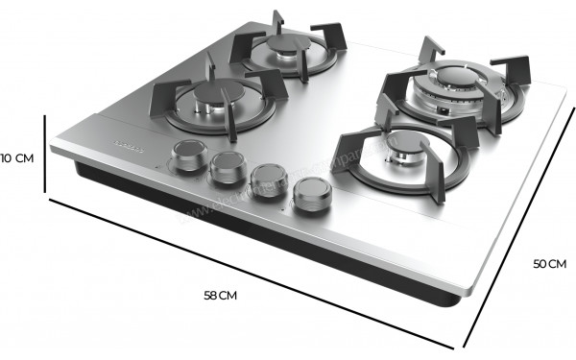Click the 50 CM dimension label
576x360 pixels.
(x=550, y=263)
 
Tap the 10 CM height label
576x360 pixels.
(x=17, y=157)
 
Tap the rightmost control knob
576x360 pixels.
(x=311, y=195)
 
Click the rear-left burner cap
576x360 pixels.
(x=285, y=50)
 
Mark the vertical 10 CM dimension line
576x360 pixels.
(x=45, y=156)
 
